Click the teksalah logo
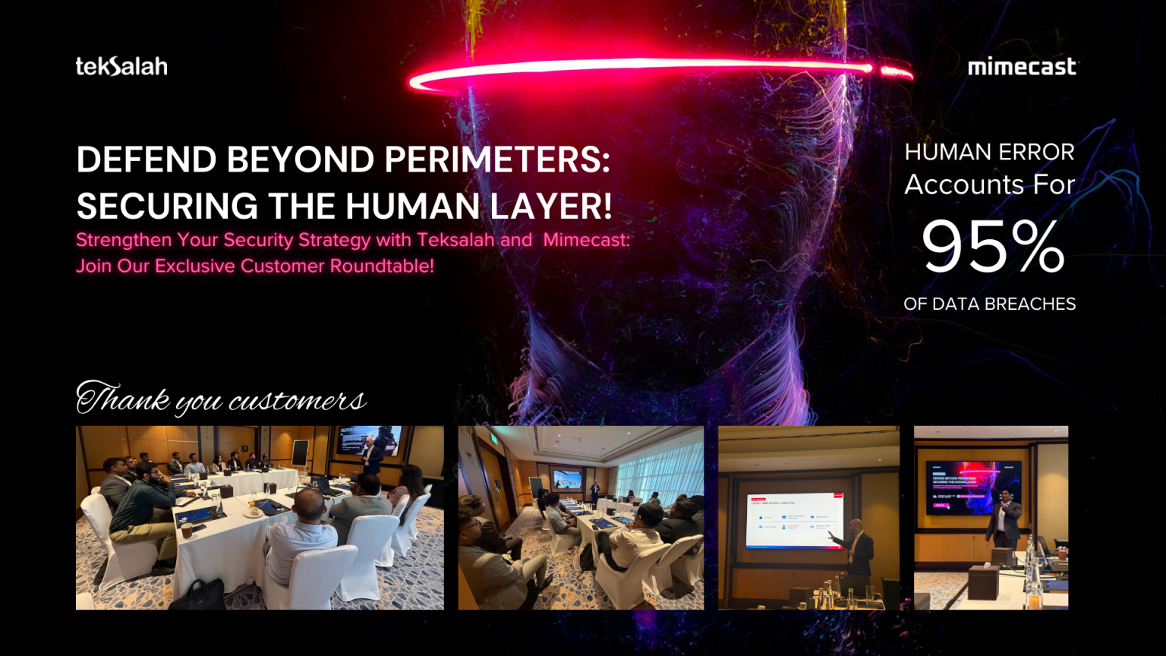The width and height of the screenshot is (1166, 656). coord(121,67)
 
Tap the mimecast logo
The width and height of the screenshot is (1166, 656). coord(1022,67)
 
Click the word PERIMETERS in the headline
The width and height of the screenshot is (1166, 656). coord(497,159)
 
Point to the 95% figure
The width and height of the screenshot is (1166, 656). coord(992,246)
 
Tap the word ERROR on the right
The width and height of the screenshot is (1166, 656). coord(1036,152)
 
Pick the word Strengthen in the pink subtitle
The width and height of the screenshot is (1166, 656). coord(124,240)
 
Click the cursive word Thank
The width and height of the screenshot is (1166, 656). coord(123,399)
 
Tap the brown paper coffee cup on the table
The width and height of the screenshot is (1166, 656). coord(187,530)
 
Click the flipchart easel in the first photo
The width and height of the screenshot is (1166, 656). coord(301,454)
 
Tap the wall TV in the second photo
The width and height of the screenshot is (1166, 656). coord(566,480)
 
